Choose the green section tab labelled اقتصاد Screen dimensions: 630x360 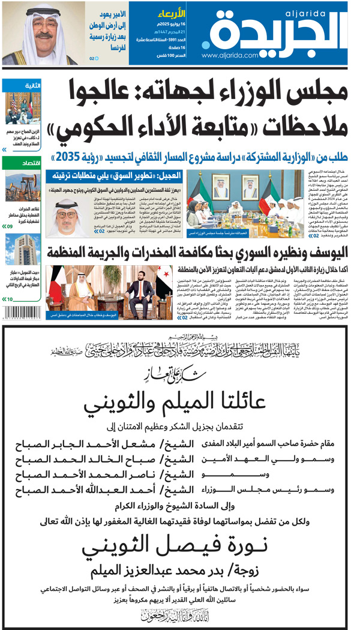[x=31, y=163]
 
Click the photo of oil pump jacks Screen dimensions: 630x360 [x=22, y=186]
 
